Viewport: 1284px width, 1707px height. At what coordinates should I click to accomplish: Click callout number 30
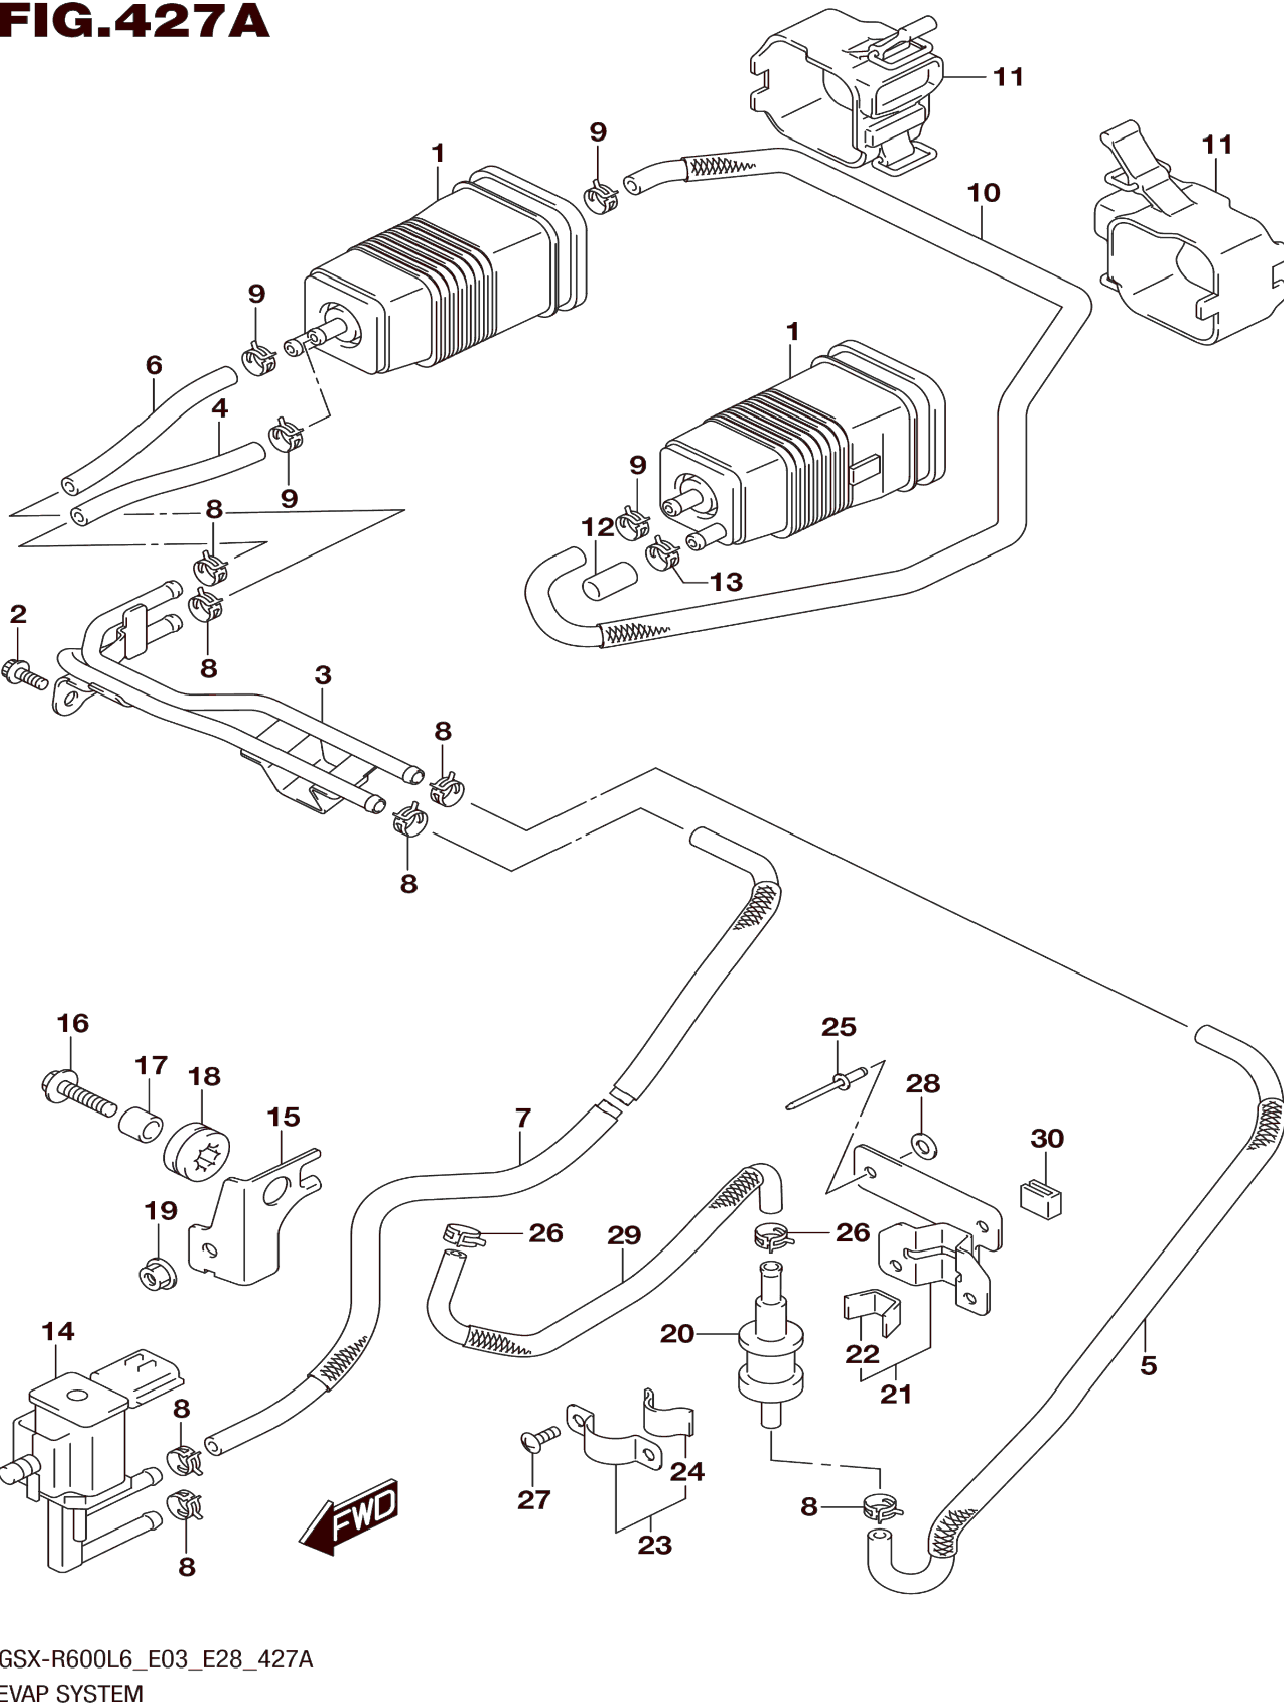(x=1047, y=1138)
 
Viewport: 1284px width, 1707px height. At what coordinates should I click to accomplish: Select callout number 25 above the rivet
(x=839, y=1027)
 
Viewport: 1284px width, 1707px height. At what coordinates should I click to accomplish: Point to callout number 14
(x=58, y=1331)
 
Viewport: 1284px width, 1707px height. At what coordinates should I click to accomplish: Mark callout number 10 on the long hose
(x=983, y=193)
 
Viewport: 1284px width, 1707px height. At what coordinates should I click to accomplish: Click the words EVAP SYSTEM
(x=71, y=1695)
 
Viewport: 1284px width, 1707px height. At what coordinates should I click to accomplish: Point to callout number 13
(x=726, y=582)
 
